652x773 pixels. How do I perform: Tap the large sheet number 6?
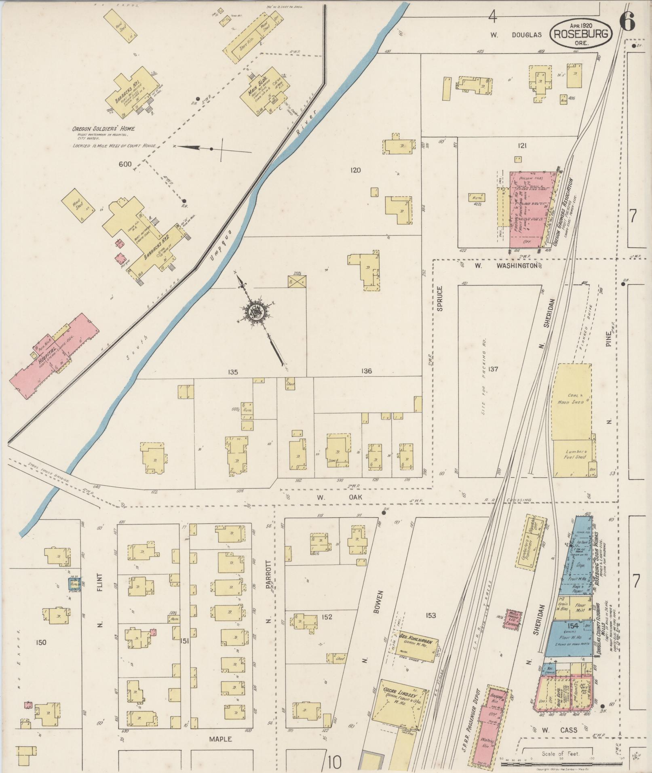[627, 20]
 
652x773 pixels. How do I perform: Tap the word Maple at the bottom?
[220, 739]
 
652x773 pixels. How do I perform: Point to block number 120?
[356, 170]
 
